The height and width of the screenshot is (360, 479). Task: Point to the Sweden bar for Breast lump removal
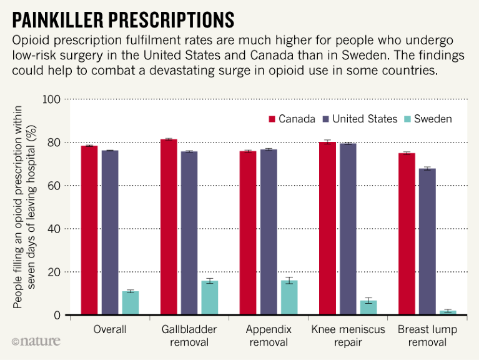pos(448,312)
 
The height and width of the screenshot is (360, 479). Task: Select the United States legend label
pos(365,119)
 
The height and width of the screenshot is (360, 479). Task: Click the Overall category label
pos(109,329)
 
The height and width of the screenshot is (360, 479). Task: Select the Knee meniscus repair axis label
pos(348,336)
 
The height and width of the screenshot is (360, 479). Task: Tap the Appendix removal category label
pos(269,336)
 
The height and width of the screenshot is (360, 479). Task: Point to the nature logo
pos(36,342)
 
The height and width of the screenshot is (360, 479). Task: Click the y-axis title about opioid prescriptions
pos(24,207)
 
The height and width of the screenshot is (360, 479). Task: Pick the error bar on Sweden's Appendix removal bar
pos(289,281)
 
